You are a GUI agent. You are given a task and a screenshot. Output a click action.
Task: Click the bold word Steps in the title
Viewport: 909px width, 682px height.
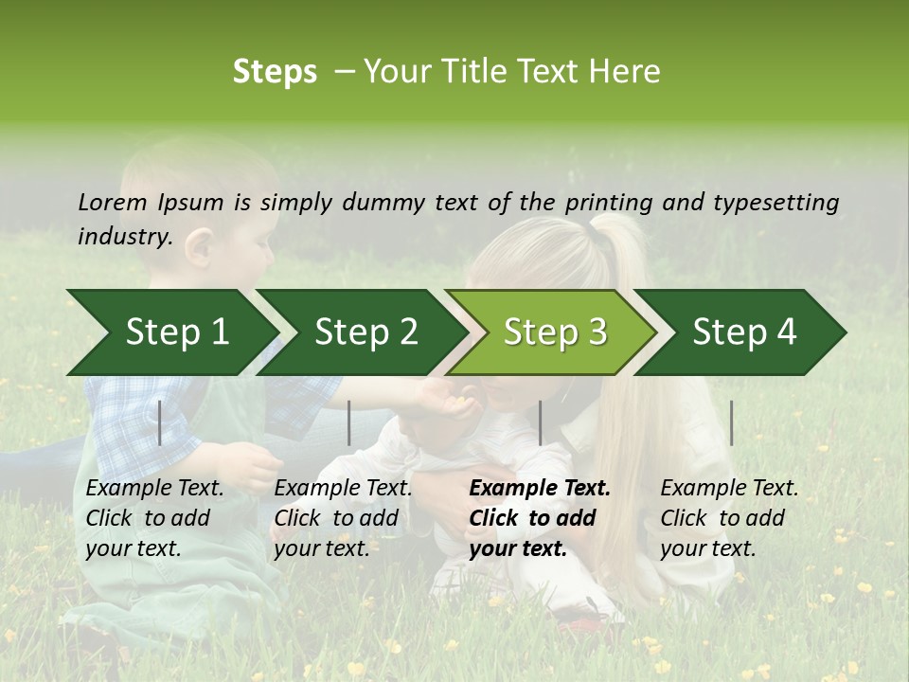(x=275, y=72)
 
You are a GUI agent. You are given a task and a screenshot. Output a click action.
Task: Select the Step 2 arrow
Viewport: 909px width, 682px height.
(x=365, y=332)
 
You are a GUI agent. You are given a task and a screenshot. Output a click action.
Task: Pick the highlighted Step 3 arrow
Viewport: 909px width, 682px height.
(x=554, y=332)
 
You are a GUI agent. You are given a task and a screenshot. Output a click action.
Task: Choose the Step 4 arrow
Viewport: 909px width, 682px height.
(x=743, y=332)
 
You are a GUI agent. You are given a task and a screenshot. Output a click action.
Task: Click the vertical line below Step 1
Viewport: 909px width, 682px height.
(x=160, y=422)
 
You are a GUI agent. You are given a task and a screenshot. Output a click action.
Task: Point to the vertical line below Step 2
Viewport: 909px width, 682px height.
(x=349, y=422)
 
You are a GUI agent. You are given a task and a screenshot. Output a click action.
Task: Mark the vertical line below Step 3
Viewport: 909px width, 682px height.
(x=540, y=422)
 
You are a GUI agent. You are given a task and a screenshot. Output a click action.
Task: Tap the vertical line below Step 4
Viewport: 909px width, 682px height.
(x=731, y=422)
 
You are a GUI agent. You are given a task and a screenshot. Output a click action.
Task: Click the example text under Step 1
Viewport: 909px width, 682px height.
(x=154, y=518)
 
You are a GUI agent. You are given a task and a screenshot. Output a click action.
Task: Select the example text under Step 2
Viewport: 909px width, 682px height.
(x=343, y=518)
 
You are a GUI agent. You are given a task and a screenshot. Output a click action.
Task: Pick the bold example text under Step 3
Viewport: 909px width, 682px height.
(x=540, y=518)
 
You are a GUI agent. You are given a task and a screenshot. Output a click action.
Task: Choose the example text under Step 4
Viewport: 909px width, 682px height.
(x=729, y=518)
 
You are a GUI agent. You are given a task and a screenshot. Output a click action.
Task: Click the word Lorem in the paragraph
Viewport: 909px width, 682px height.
(x=113, y=203)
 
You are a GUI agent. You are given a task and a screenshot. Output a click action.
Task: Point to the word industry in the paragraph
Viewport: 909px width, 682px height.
(x=125, y=237)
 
